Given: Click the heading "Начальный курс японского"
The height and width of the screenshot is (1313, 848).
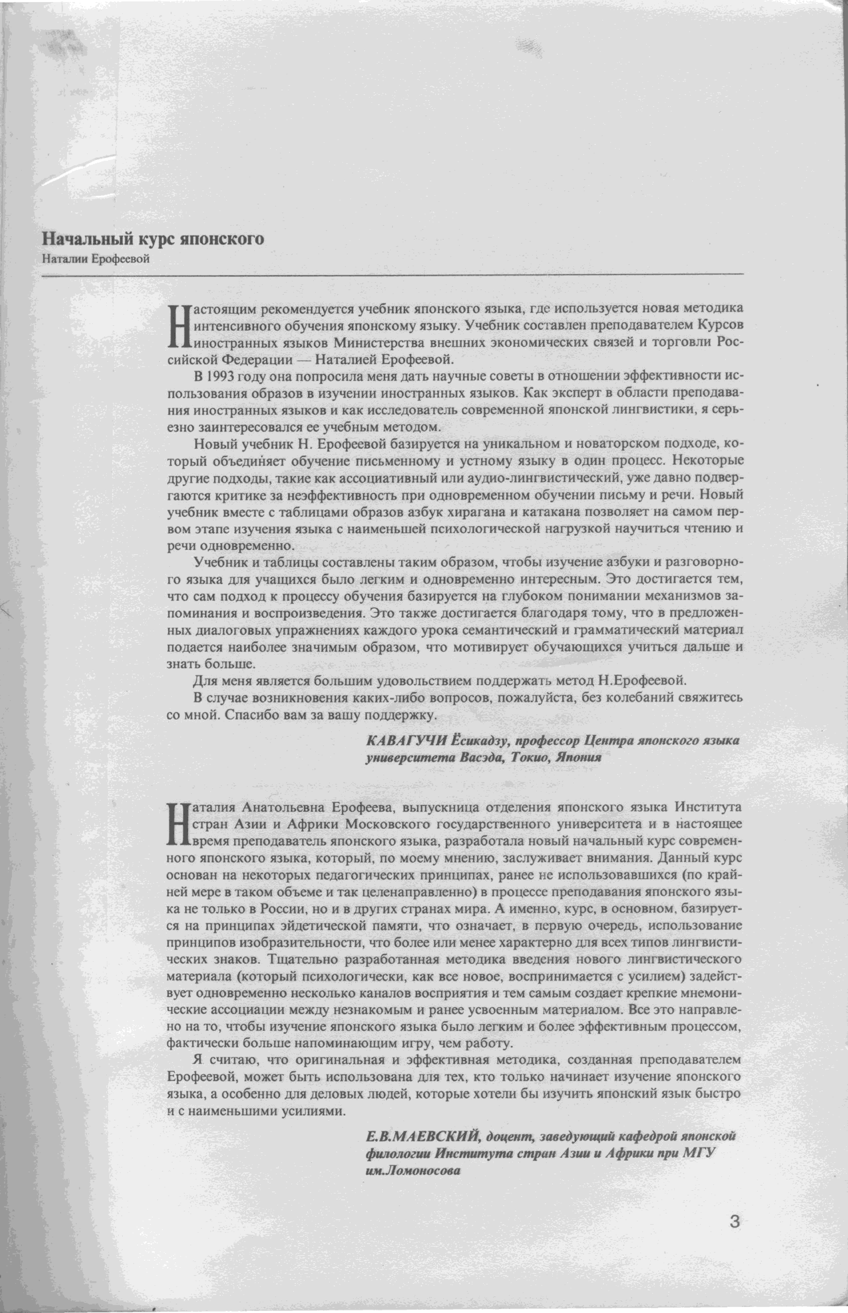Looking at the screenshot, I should (153, 239).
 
